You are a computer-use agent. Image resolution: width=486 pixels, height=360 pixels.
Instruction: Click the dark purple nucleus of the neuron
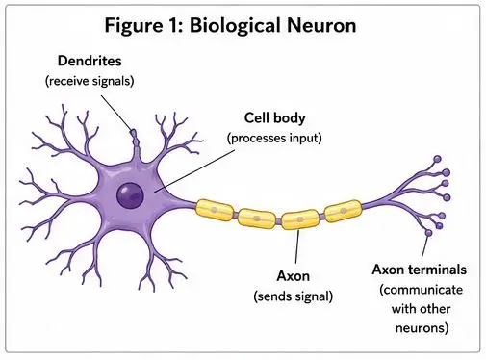tap(130, 195)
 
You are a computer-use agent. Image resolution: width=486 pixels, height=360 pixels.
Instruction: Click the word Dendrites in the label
tap(90, 61)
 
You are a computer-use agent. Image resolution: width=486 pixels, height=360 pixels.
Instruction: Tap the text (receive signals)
tap(90, 81)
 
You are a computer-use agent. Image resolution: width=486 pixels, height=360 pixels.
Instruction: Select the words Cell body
tap(274, 118)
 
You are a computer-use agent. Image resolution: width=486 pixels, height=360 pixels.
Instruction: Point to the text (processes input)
tap(274, 139)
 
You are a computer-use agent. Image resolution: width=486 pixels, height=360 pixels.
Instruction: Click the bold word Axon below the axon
tap(294, 276)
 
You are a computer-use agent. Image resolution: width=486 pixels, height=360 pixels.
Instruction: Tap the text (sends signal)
tap(294, 296)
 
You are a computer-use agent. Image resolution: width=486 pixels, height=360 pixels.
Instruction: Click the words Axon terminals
tap(420, 270)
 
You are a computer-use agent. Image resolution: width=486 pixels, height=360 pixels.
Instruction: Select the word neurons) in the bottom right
tap(422, 328)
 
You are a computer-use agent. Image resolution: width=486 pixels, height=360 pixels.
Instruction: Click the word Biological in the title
tap(236, 26)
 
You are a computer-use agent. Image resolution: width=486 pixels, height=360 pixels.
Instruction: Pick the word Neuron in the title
tap(321, 25)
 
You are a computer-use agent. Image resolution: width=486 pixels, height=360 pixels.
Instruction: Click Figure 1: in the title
tap(144, 26)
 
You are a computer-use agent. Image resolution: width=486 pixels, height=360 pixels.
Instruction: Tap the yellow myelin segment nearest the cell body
tap(215, 211)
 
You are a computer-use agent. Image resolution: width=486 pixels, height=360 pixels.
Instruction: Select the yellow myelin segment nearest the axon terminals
tap(343, 211)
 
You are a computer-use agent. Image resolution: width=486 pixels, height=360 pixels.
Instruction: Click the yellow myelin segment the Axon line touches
tap(300, 219)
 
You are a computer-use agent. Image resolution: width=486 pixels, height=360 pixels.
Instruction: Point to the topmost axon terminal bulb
tap(437, 159)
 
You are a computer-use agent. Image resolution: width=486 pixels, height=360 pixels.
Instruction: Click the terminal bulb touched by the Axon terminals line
tap(428, 233)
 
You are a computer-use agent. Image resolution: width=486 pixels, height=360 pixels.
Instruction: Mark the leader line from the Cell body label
tap(194, 171)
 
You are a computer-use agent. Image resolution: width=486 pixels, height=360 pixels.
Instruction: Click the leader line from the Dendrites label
tap(116, 113)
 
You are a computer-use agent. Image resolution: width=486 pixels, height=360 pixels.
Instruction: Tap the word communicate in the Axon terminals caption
tap(422, 290)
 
